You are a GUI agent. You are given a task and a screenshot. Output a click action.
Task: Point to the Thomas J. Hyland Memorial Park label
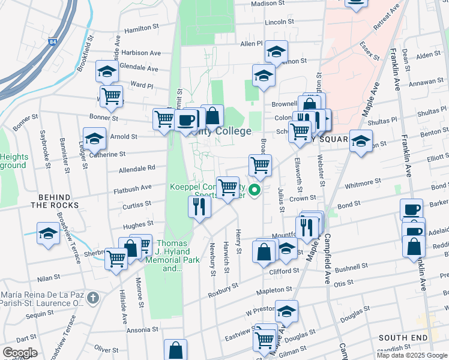172,256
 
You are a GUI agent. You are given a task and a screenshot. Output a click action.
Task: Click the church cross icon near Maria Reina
92,298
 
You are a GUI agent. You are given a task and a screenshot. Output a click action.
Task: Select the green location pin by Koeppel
255,191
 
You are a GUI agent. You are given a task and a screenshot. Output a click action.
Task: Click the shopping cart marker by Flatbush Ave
228,187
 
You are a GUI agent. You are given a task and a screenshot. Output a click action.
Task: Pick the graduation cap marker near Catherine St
94,139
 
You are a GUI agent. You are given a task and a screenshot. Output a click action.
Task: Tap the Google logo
20,353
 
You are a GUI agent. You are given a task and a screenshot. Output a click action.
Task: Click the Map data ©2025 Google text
412,355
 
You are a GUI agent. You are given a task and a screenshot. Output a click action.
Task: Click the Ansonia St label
142,329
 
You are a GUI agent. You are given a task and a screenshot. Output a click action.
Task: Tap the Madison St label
267,4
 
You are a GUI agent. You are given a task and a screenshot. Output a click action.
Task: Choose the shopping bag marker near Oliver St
175,350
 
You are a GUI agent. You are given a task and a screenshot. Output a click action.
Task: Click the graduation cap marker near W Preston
287,311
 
